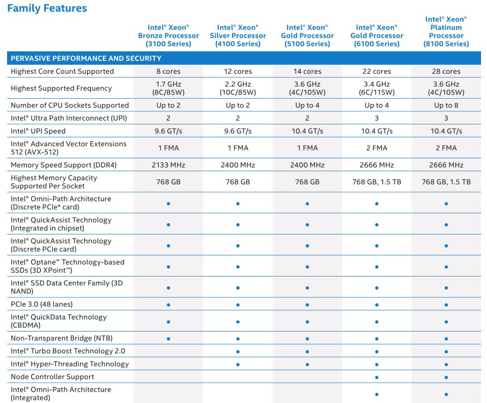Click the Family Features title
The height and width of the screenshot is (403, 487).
(47, 8)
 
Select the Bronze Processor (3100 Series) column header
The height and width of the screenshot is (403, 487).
(168, 35)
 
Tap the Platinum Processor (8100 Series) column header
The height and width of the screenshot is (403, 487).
(446, 32)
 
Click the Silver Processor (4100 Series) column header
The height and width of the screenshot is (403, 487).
(238, 35)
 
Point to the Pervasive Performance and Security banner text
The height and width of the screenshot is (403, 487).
(86, 58)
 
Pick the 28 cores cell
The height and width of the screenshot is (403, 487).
(446, 71)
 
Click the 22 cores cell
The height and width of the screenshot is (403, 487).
(376, 71)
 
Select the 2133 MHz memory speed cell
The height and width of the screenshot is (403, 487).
(168, 165)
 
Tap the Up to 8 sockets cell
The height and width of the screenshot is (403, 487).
(446, 105)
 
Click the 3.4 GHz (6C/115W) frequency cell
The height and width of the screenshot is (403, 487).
(376, 88)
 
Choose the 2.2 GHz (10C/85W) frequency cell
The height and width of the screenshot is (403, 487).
(238, 88)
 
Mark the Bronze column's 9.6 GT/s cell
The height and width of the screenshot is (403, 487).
(168, 131)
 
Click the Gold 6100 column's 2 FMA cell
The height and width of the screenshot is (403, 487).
(376, 148)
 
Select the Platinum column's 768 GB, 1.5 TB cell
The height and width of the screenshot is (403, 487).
(446, 182)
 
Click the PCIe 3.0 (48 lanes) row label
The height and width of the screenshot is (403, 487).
(41, 304)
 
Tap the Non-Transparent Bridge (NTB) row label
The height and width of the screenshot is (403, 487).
(62, 338)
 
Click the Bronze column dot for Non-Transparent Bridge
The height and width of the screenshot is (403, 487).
(168, 339)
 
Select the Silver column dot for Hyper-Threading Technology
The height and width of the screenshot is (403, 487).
(238, 364)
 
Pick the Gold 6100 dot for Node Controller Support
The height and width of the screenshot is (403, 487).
(376, 377)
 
